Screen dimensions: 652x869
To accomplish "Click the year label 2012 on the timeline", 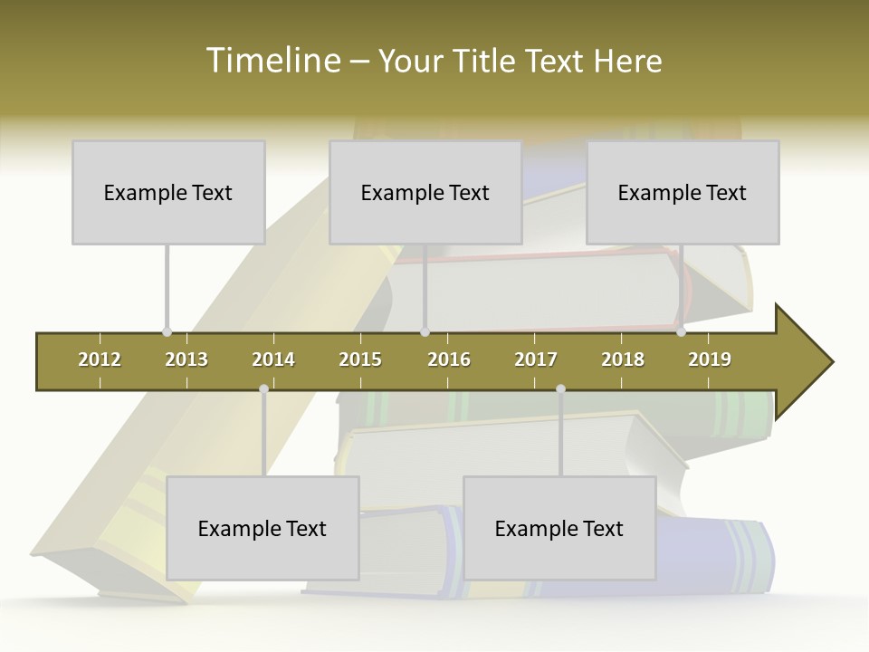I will pyautogui.click(x=100, y=360).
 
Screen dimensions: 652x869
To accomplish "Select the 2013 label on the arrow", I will pyautogui.click(x=186, y=360).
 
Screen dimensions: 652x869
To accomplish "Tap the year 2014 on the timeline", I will pyautogui.click(x=273, y=360).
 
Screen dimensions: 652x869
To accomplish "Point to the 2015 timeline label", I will pyautogui.click(x=360, y=360).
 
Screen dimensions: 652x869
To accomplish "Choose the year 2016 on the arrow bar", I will pyautogui.click(x=449, y=360).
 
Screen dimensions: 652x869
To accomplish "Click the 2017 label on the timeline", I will pyautogui.click(x=536, y=360).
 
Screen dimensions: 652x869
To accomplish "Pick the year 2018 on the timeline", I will pyautogui.click(x=623, y=360).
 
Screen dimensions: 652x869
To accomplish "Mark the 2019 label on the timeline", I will pyautogui.click(x=710, y=360).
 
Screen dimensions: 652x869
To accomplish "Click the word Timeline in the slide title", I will pyautogui.click(x=272, y=61).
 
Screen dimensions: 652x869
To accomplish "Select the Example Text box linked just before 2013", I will pyautogui.click(x=168, y=192).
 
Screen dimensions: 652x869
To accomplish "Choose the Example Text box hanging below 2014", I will pyautogui.click(x=263, y=528).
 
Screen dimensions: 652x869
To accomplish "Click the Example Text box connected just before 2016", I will pyautogui.click(x=425, y=192).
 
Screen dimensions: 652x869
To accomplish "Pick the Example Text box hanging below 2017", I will pyautogui.click(x=559, y=528).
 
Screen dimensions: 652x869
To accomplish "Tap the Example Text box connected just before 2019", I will pyautogui.click(x=683, y=192).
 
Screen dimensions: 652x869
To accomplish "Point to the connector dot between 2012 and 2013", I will pyautogui.click(x=167, y=332).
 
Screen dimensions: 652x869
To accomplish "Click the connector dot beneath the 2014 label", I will pyautogui.click(x=263, y=389).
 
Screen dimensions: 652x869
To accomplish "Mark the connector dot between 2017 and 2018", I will pyautogui.click(x=560, y=389).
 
